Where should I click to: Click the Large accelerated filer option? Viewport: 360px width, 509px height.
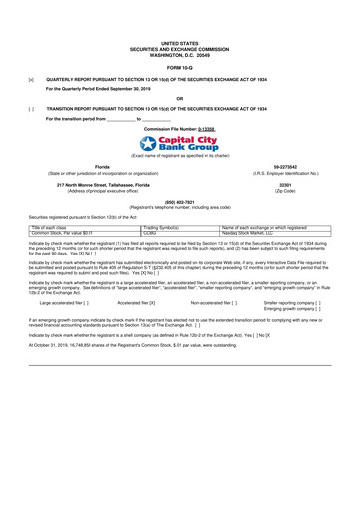click(63, 300)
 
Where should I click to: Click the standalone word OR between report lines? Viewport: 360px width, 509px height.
click(179, 98)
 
